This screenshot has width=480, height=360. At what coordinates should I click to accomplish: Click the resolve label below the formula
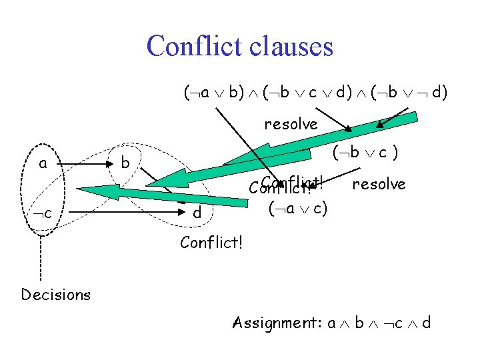[x=291, y=124]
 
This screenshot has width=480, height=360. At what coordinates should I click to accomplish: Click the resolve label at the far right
[x=379, y=183]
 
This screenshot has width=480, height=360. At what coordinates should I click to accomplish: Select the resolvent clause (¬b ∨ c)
[x=366, y=154]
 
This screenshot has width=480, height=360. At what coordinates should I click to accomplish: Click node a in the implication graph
[x=43, y=163]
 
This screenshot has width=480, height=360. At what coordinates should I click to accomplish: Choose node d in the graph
[x=196, y=213]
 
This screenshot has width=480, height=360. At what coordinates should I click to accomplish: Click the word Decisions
[x=56, y=294]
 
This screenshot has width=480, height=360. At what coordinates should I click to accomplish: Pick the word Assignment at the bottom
[x=276, y=324]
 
